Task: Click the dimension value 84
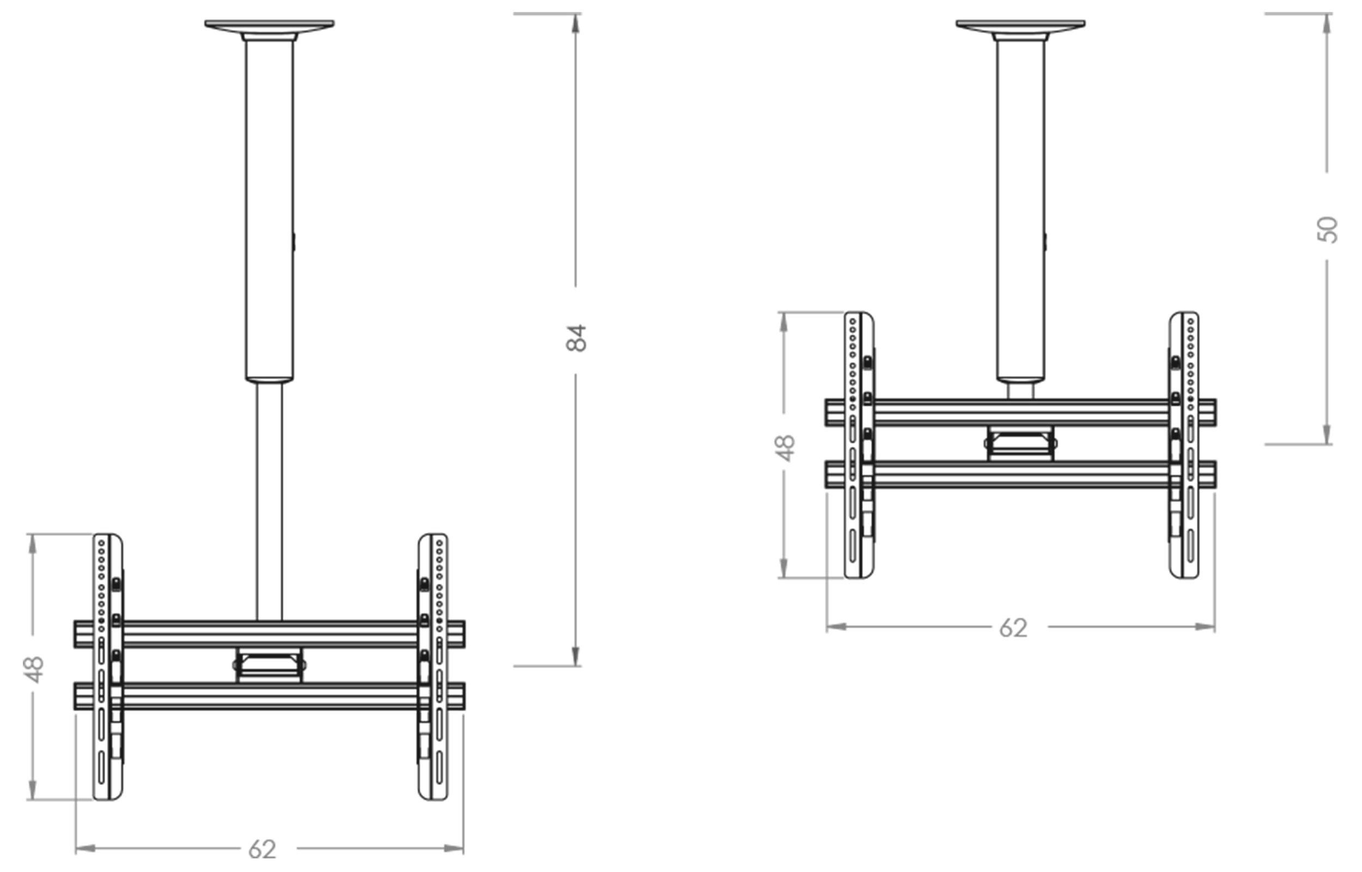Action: point(576,338)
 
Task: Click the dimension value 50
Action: point(1327,229)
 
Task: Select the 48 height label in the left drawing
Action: point(34,669)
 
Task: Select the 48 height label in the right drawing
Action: point(786,448)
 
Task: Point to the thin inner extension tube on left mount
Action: point(269,498)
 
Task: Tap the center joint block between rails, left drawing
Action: point(269,665)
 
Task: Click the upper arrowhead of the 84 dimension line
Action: point(576,23)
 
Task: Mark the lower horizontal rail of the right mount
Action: point(1020,475)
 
